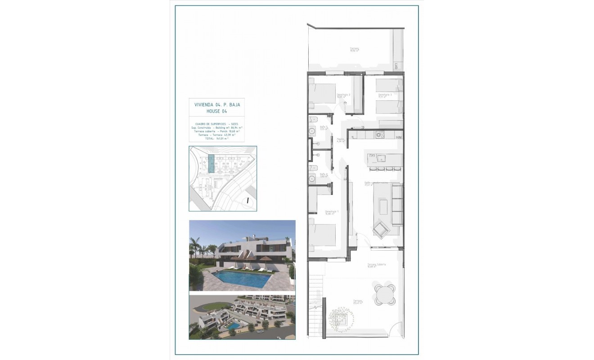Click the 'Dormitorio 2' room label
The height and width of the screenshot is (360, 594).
tap(343, 95)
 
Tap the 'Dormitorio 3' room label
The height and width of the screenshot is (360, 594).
tap(385, 95)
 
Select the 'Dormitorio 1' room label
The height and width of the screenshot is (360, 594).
tap(331, 212)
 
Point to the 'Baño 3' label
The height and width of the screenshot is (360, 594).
tap(323, 127)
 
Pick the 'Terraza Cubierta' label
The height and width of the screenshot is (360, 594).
tap(376, 265)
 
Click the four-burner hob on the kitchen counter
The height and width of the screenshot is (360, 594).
tap(379, 134)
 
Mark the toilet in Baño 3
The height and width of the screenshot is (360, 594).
tap(314, 120)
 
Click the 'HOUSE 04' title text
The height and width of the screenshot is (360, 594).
tap(217, 111)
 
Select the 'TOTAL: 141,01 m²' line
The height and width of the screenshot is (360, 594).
tap(217, 139)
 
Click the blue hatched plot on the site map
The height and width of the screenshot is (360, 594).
tap(210, 164)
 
